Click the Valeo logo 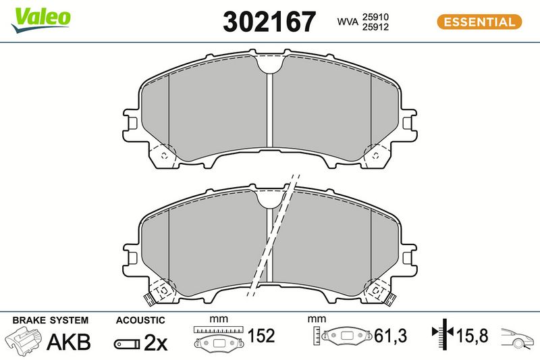(41, 20)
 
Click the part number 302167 (269, 22)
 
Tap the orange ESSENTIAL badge (479, 22)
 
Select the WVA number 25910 (375, 17)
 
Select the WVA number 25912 (375, 27)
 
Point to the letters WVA (348, 22)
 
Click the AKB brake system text (69, 342)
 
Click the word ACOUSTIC (140, 320)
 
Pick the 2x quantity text (155, 342)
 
